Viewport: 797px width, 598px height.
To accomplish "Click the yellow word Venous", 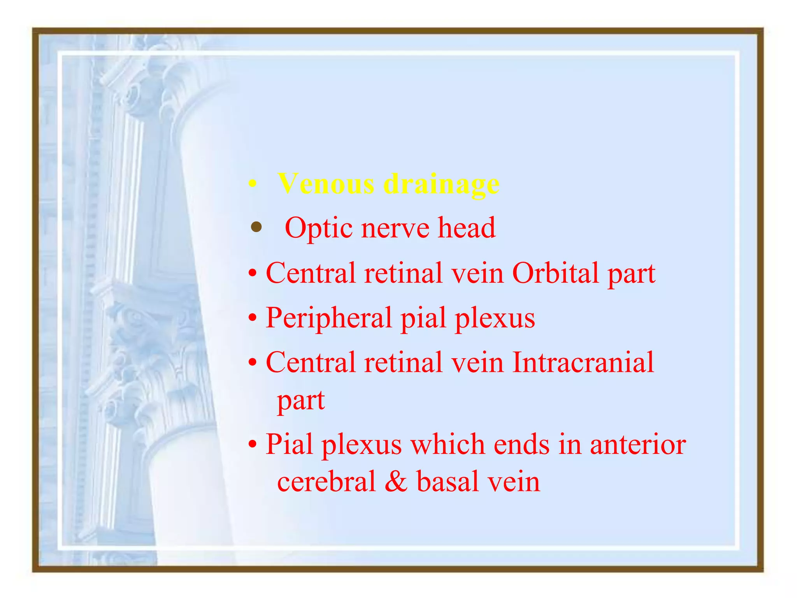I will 326,184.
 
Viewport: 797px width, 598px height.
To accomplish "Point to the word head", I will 467,227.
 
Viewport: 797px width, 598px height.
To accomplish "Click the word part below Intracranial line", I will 301,401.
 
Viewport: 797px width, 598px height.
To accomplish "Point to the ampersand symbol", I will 396,482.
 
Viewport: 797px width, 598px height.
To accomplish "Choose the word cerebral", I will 326,482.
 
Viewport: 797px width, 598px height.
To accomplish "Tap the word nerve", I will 395,228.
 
